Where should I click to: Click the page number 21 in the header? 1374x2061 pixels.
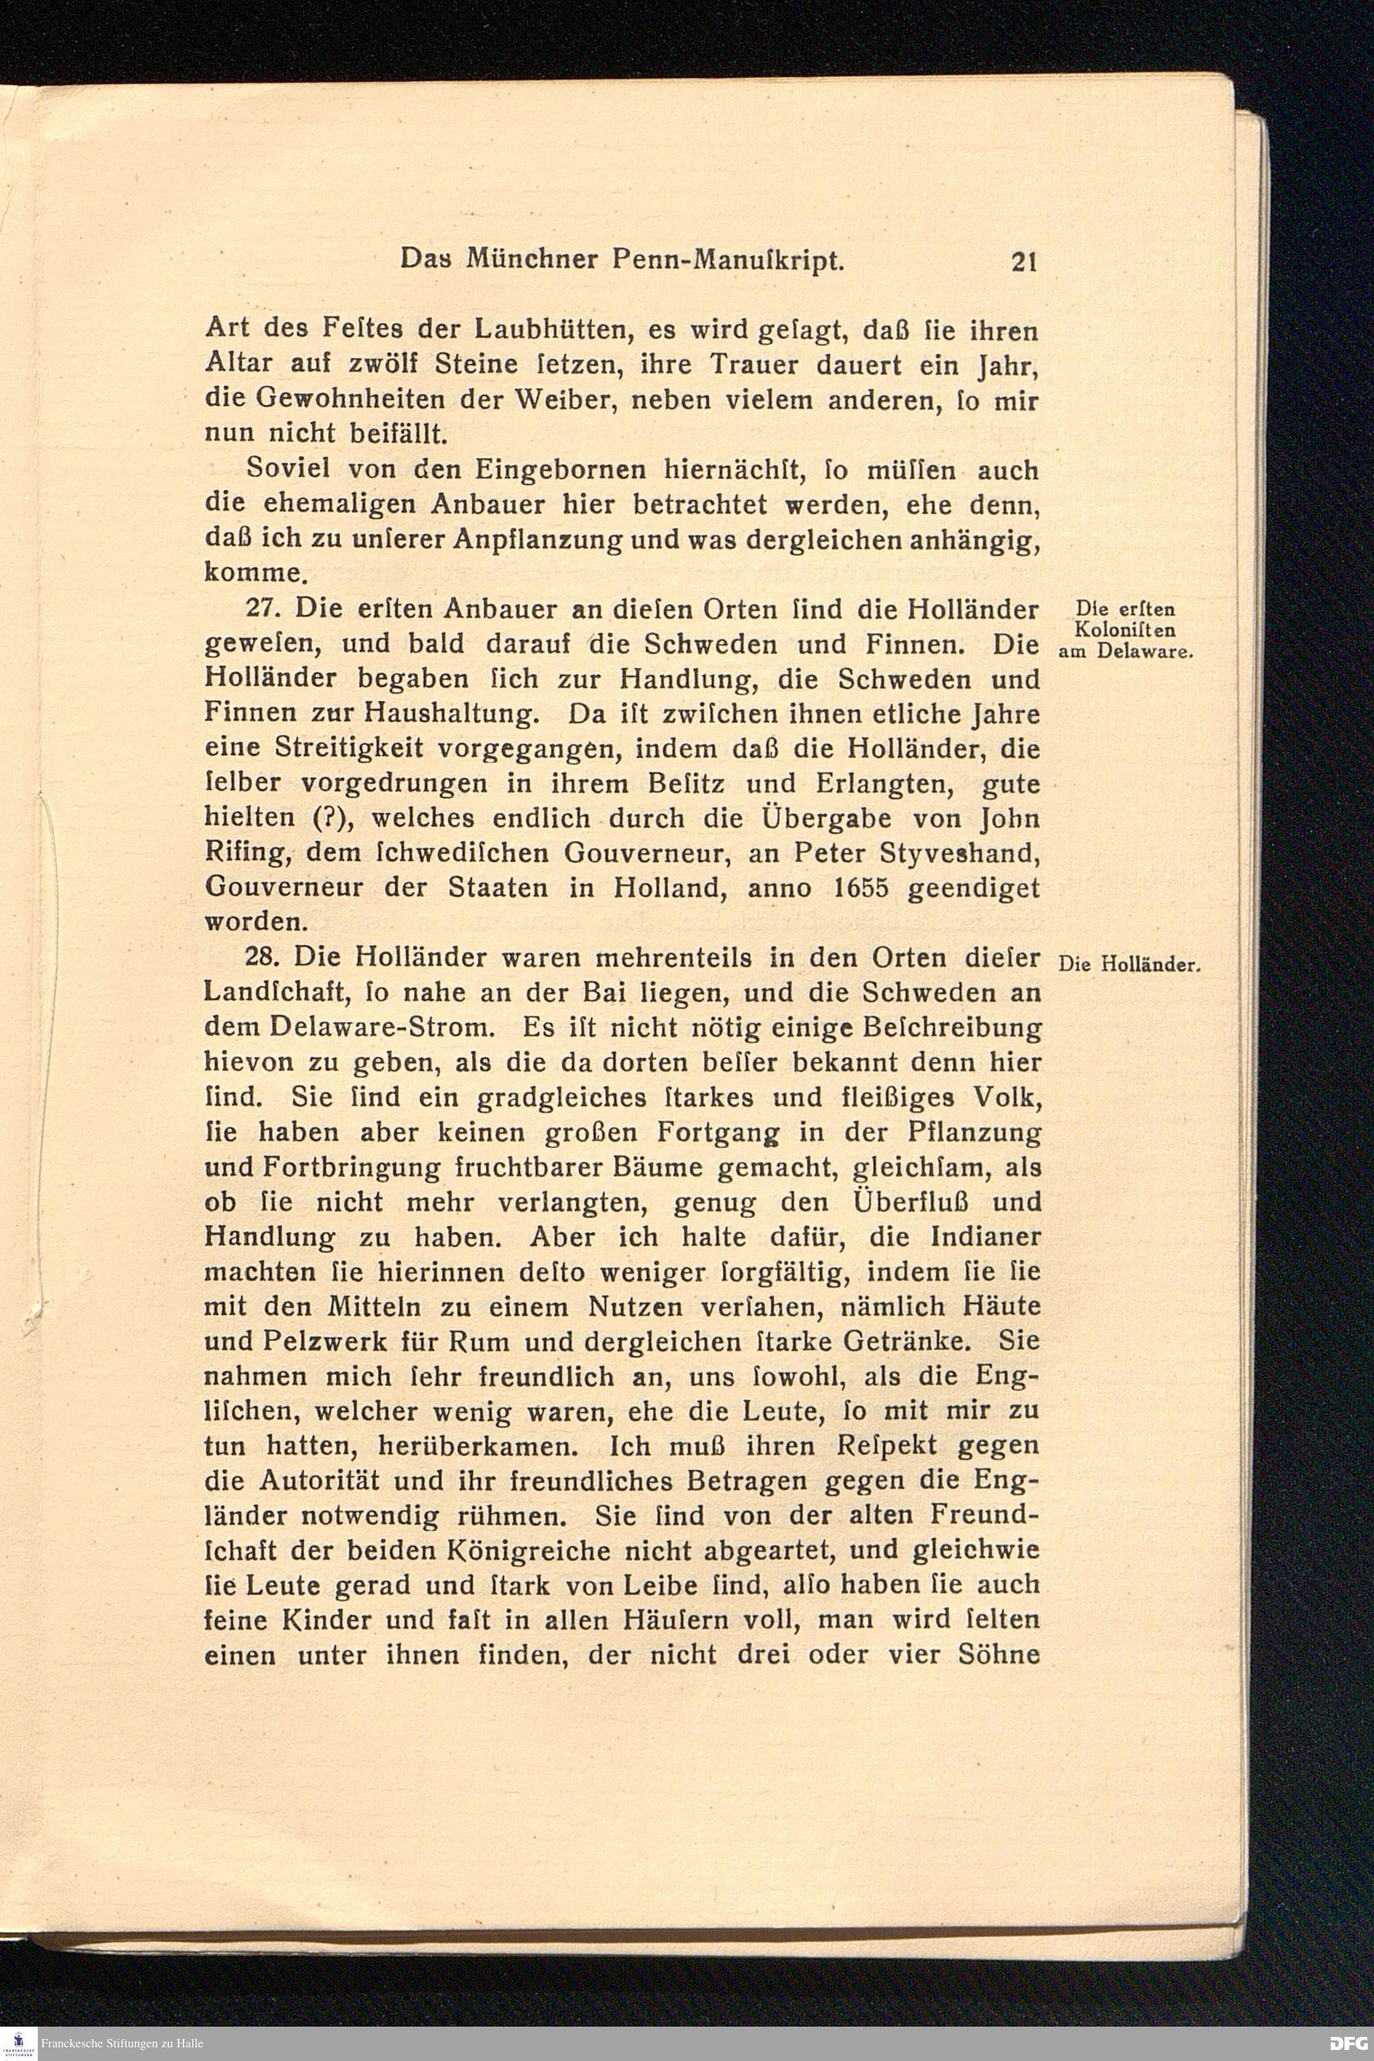point(1024,262)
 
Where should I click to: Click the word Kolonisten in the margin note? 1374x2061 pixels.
point(1124,630)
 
